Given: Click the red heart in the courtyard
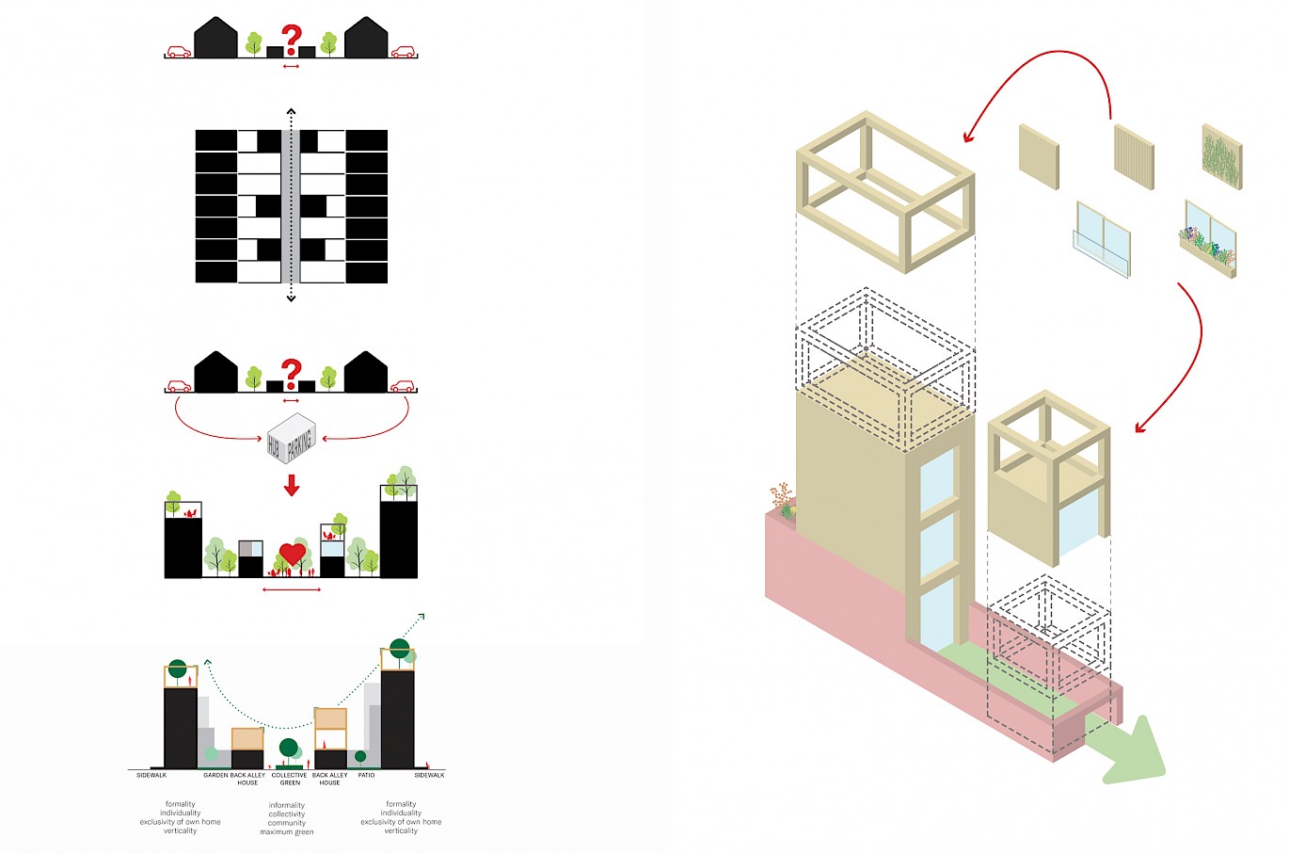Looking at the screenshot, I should click(x=293, y=554).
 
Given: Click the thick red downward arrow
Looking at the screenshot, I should click(x=292, y=486).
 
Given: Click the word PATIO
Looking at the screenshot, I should click(x=366, y=775).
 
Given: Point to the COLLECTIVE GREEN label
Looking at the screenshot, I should click(x=289, y=779).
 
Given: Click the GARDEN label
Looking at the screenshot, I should click(x=215, y=775).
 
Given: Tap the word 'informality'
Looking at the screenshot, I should click(x=287, y=805).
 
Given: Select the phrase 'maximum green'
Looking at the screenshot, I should click(x=287, y=832).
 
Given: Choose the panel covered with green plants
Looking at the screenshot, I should click(x=1221, y=156).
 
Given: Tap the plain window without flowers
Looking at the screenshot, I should click(x=1102, y=239).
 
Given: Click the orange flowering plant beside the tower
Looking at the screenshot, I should click(x=781, y=498).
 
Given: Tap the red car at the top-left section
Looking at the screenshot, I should click(x=178, y=52).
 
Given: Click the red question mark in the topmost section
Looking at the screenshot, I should click(x=292, y=40).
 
